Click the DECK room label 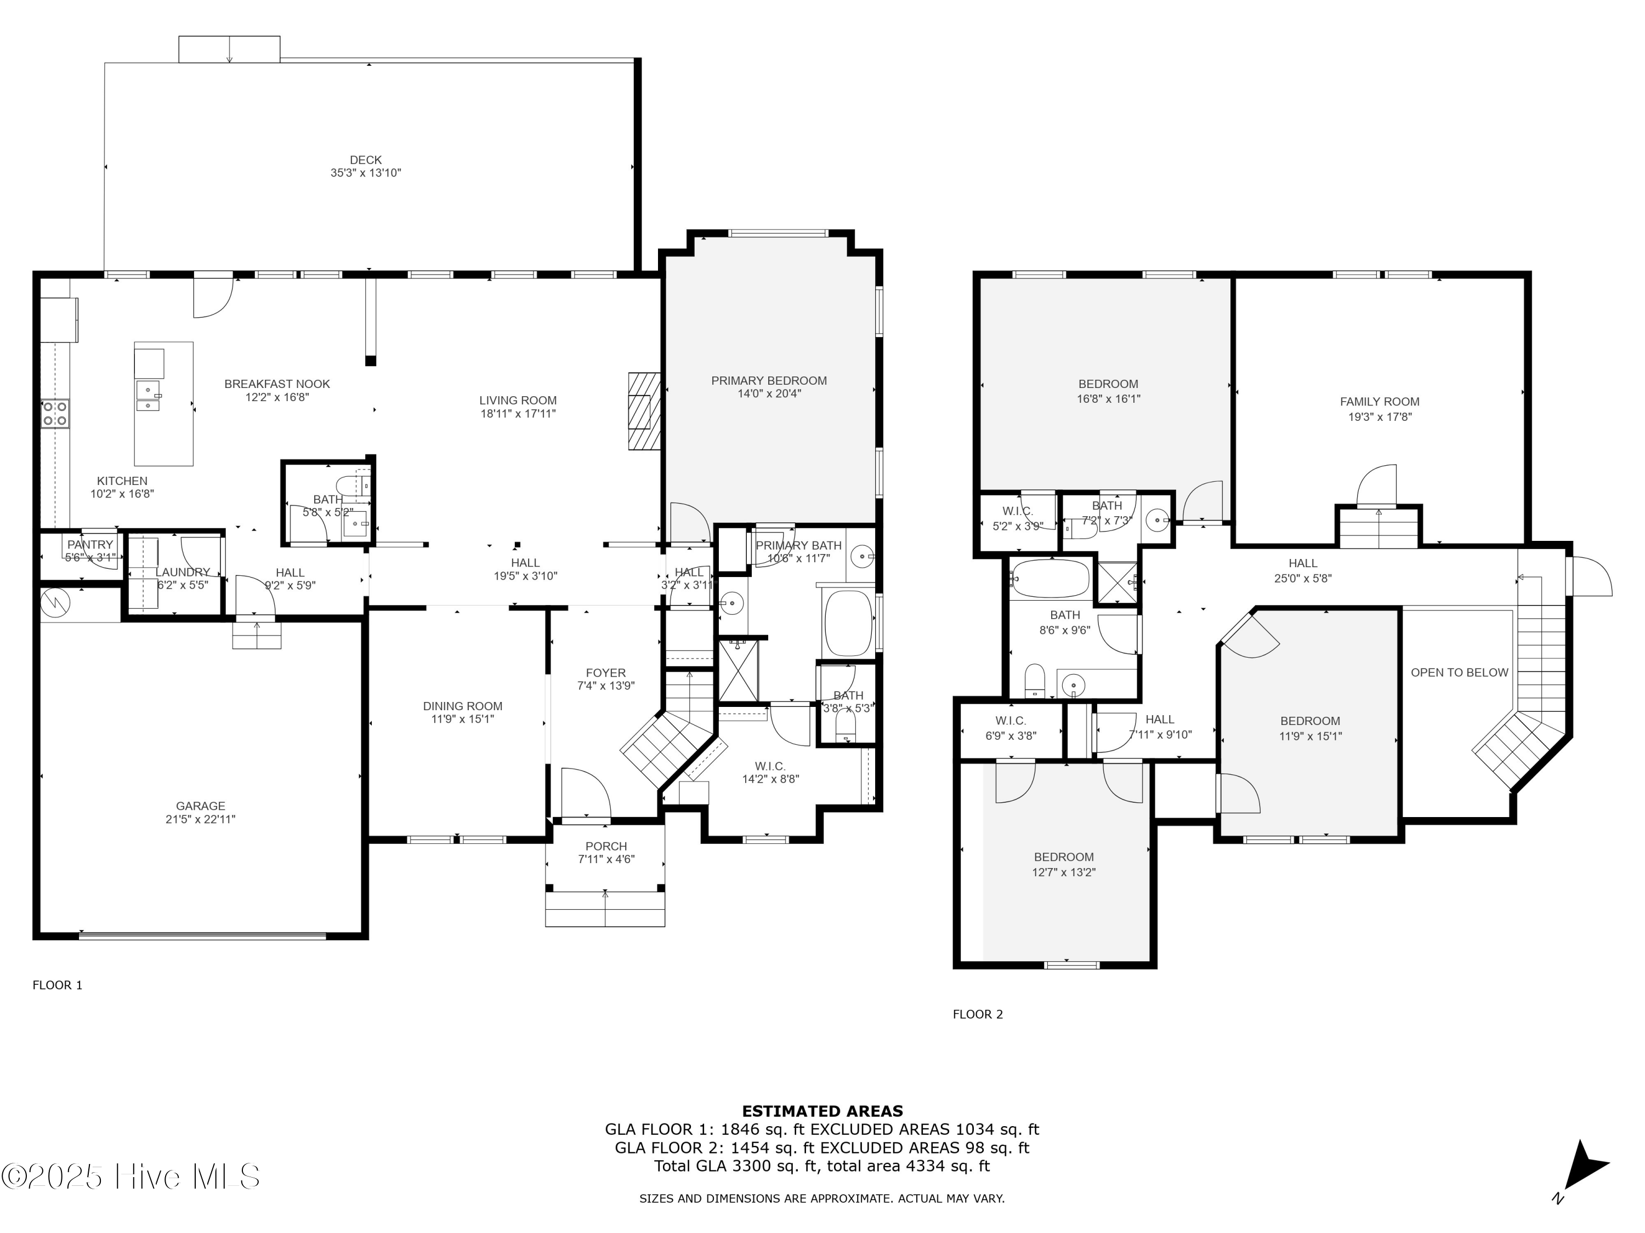tap(366, 160)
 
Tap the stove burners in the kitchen tap(55, 414)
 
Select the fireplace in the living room tap(644, 411)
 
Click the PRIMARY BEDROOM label tap(769, 380)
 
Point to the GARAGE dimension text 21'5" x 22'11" tap(201, 819)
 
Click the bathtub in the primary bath tap(848, 621)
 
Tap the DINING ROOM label tap(463, 706)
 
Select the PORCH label tap(606, 846)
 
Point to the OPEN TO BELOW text tap(1460, 672)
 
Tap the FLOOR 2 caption tap(978, 1014)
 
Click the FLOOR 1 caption tap(57, 985)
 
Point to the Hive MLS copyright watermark tap(131, 1177)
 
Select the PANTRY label tap(90, 545)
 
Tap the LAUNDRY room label tap(182, 572)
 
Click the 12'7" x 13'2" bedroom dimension tap(1063, 872)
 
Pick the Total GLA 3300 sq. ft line tap(822, 1166)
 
